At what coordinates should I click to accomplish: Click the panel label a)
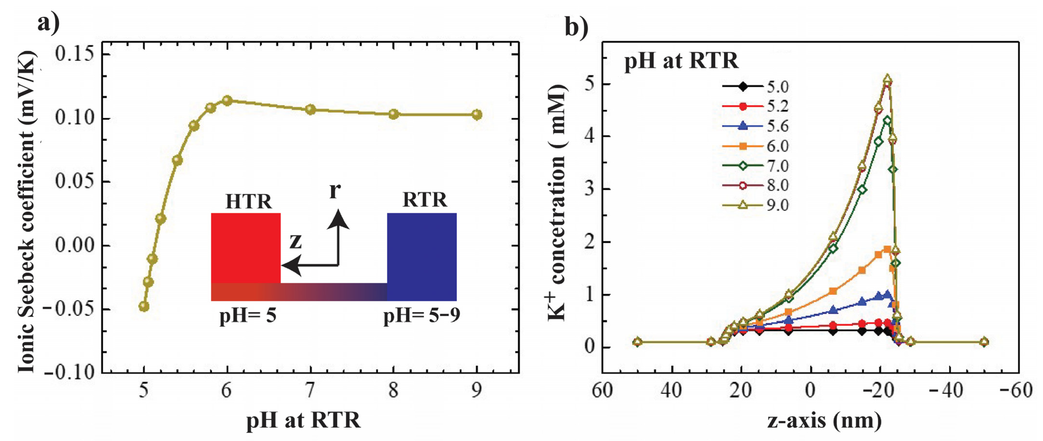pyautogui.click(x=48, y=23)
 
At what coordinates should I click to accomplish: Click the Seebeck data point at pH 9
pyautogui.click(x=477, y=115)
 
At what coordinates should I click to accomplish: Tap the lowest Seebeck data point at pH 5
pyautogui.click(x=144, y=306)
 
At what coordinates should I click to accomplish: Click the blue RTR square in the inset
pyautogui.click(x=422, y=256)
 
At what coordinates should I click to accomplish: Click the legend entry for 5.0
pyautogui.click(x=755, y=87)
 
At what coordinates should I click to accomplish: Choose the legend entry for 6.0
pyautogui.click(x=755, y=146)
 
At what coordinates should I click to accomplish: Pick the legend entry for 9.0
pyautogui.click(x=755, y=205)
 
